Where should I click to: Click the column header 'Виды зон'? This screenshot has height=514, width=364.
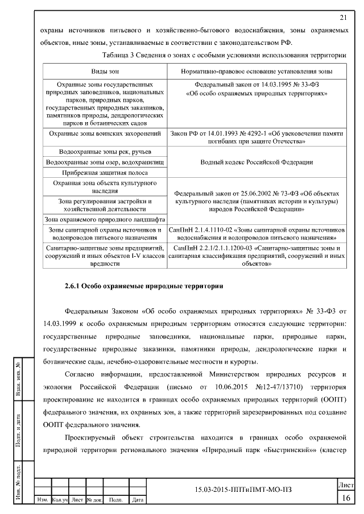[105, 72]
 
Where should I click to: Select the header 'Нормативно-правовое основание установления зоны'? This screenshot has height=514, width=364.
[257, 72]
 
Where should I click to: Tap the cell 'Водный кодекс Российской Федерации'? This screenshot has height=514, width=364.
[257, 162]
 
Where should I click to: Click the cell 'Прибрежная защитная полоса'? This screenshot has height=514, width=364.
[105, 173]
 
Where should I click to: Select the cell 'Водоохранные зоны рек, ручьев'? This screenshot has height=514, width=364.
[105, 152]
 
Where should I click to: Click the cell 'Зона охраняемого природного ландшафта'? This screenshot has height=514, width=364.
[105, 219]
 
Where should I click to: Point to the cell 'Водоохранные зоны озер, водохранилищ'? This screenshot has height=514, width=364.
[105, 162]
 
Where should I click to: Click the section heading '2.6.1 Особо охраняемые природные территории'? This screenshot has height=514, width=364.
[143, 286]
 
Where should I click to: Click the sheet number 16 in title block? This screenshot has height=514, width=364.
[346, 498]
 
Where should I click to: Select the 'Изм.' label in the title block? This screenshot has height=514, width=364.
[42, 500]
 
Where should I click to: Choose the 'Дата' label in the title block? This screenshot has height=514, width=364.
[137, 500]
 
